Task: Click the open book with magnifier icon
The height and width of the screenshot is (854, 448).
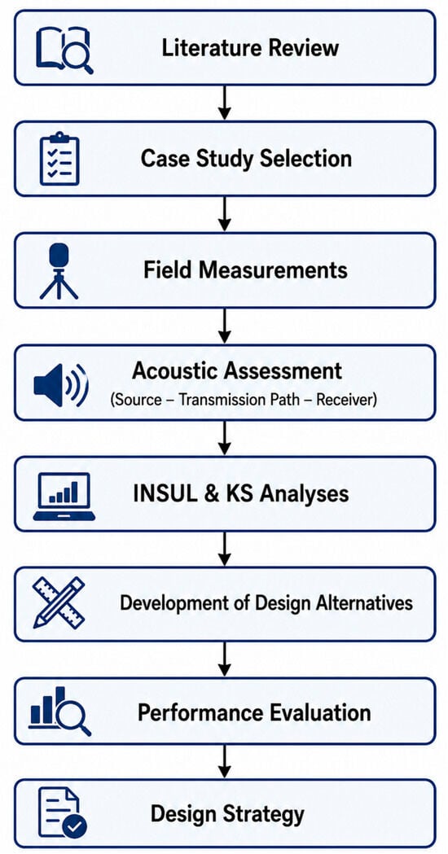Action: [x=64, y=50]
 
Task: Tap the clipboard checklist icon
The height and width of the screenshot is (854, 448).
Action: [x=59, y=159]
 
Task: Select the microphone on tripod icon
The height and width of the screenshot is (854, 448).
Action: [x=59, y=271]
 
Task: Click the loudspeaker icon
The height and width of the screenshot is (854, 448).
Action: [x=60, y=383]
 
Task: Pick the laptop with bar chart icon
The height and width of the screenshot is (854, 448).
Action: [x=64, y=496]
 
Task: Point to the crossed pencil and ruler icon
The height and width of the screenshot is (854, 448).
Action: [x=59, y=602]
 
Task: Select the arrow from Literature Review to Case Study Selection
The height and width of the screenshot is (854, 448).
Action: [x=224, y=103]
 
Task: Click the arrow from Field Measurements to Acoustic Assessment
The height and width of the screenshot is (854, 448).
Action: [x=224, y=326]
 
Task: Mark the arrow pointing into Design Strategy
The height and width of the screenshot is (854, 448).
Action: [x=224, y=763]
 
